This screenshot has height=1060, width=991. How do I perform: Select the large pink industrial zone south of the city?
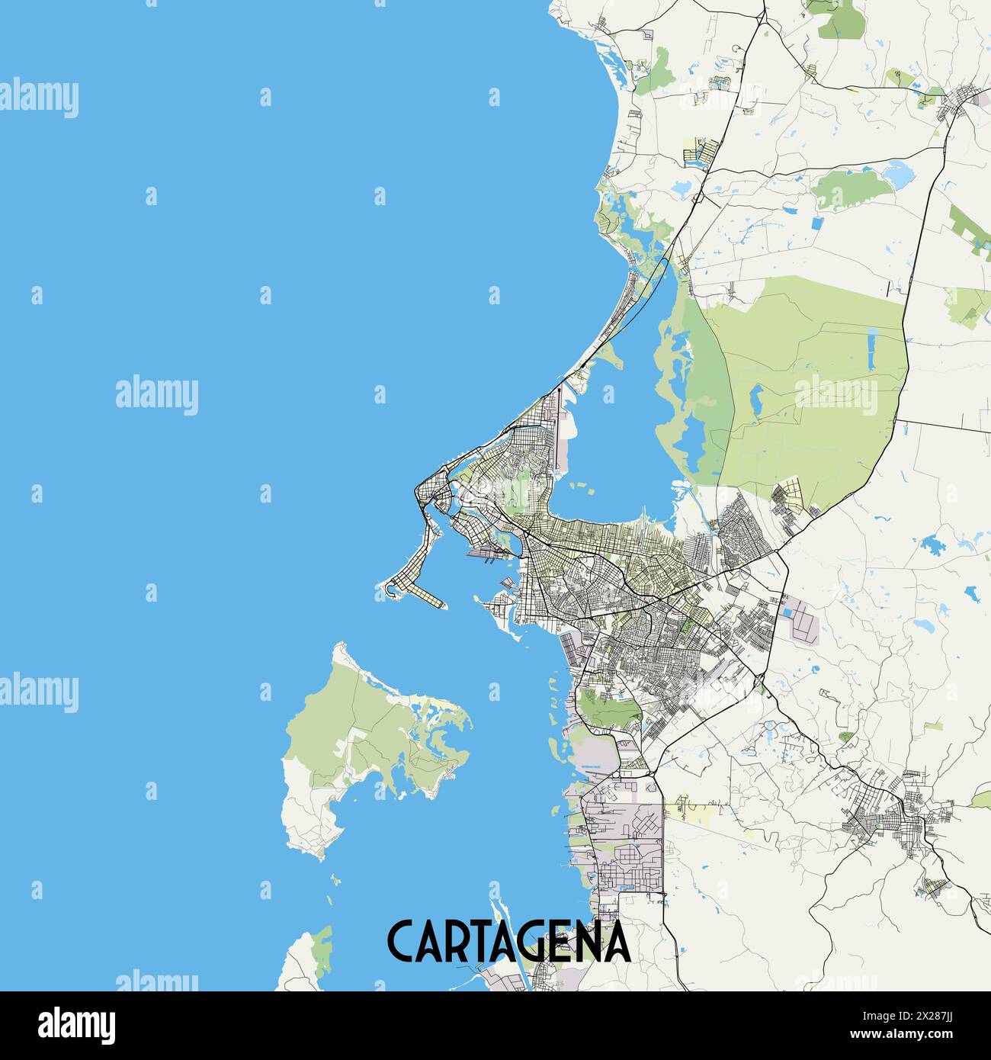click(621, 839)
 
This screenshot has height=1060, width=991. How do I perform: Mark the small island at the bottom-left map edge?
click(305, 962)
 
